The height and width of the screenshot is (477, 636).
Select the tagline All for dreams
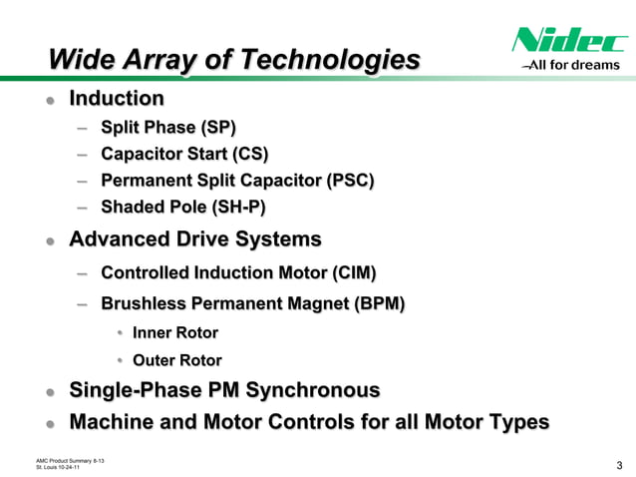[574, 67]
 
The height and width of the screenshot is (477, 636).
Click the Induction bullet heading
[116, 99]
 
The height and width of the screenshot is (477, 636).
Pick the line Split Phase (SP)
[168, 128]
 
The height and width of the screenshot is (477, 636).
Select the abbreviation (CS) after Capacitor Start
[250, 154]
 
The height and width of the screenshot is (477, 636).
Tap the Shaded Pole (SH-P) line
[183, 207]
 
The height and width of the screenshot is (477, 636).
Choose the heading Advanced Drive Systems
[194, 239]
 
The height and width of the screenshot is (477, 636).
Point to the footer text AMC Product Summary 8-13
[71, 459]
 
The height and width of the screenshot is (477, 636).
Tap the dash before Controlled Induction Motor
[85, 273]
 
